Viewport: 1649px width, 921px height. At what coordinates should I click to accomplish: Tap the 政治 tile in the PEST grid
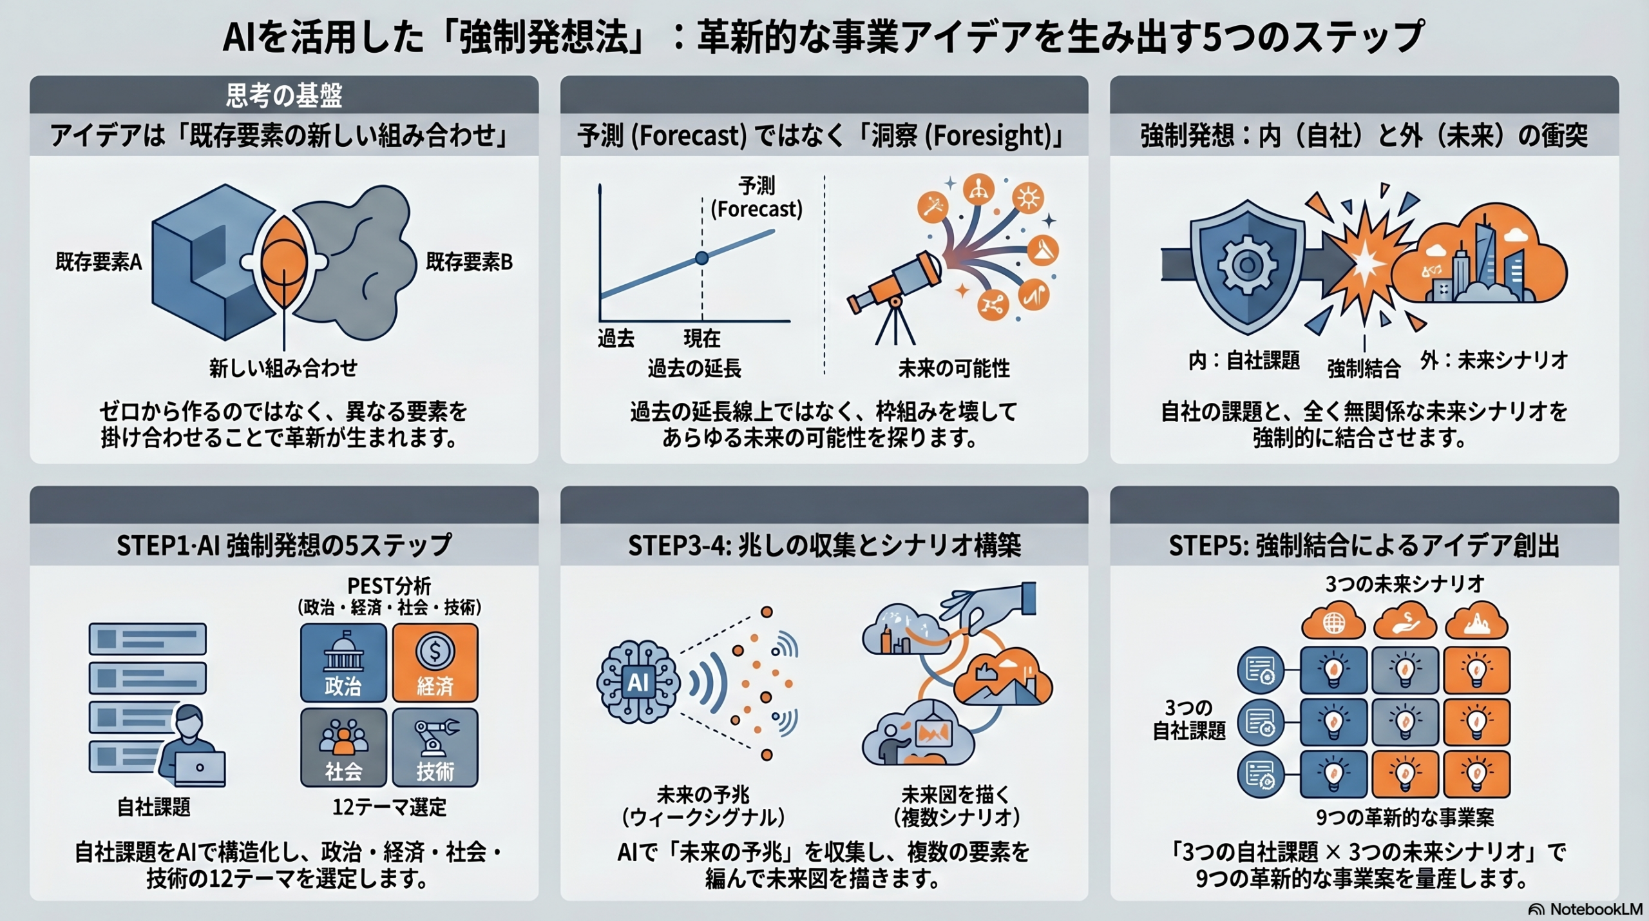click(343, 663)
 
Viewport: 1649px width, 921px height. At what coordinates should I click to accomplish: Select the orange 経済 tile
click(435, 663)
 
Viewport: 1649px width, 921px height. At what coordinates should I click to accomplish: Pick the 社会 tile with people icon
click(343, 748)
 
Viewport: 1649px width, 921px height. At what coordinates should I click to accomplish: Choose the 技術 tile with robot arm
click(435, 748)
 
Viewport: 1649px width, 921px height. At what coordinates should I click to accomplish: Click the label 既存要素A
click(99, 262)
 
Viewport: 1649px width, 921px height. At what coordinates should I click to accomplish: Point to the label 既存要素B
click(469, 262)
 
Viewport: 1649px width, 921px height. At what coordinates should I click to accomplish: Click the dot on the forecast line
click(702, 258)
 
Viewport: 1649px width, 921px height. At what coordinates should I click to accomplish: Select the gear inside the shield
click(1247, 265)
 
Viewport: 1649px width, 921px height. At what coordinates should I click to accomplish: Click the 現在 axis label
click(701, 338)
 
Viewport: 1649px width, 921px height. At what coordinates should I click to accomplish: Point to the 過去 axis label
click(616, 338)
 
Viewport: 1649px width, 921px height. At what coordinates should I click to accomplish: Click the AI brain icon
click(638, 682)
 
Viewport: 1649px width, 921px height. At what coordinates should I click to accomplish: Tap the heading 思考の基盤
click(284, 95)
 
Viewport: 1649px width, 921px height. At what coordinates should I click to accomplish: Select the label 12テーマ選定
click(389, 807)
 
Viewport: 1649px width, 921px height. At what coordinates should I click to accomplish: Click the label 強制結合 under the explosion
click(1364, 369)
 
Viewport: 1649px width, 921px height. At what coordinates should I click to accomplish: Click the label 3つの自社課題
click(1189, 719)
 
